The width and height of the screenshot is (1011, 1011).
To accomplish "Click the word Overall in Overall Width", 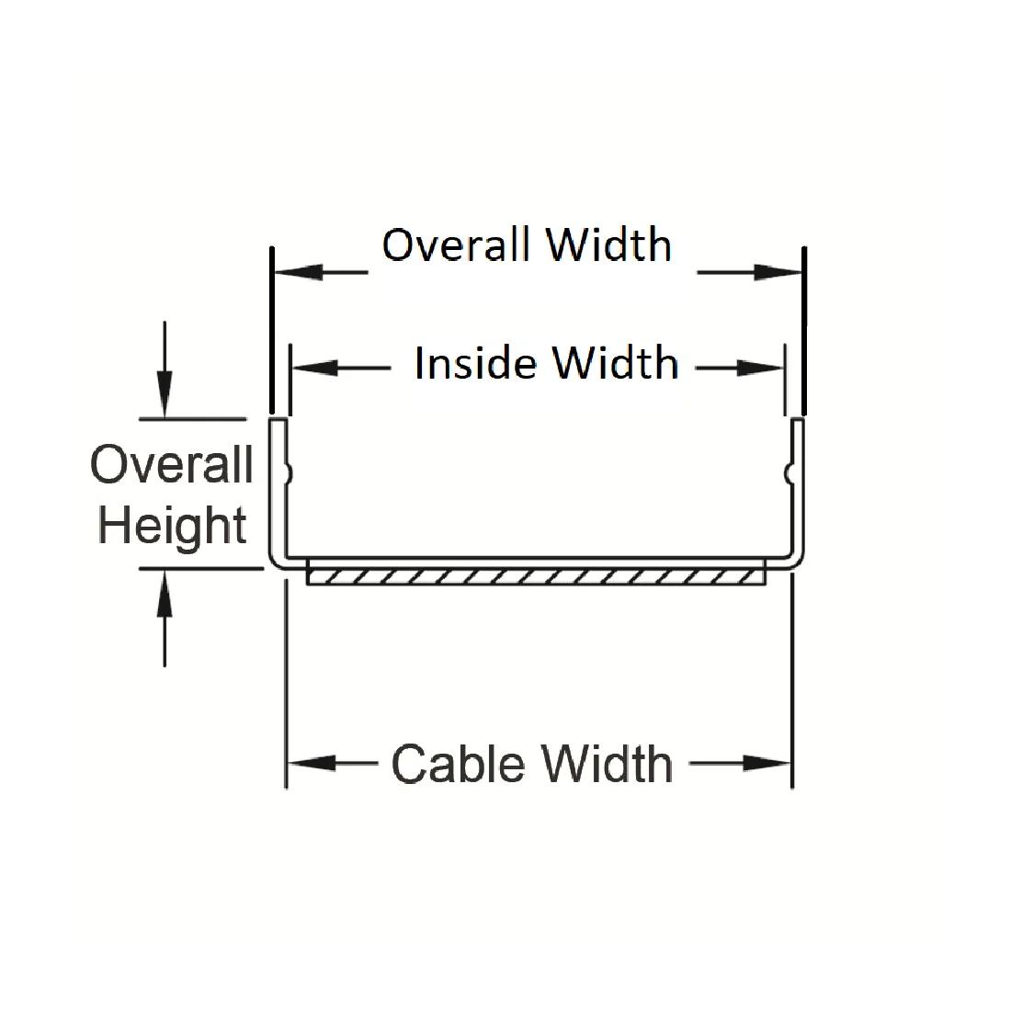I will pyautogui.click(x=455, y=245).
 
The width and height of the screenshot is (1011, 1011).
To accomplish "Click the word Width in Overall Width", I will pyautogui.click(x=608, y=245).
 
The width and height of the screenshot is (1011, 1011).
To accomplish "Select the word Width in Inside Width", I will pyautogui.click(x=616, y=364).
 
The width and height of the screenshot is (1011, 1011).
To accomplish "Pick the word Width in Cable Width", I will pyautogui.click(x=607, y=765).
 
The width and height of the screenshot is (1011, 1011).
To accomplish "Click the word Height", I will pyautogui.click(x=173, y=527).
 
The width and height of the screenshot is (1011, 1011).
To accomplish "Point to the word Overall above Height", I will pyautogui.click(x=172, y=464).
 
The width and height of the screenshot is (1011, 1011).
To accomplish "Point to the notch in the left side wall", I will pyautogui.click(x=289, y=472).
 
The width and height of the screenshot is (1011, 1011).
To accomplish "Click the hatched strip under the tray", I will pyautogui.click(x=536, y=577).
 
